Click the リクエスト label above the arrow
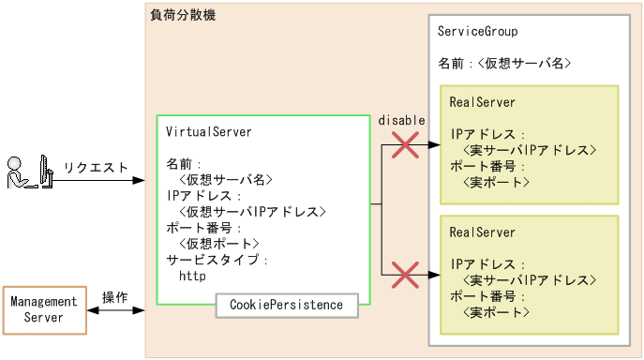[95, 168]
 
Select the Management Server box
[44, 310]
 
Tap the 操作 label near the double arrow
[114, 297]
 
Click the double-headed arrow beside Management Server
[115, 310]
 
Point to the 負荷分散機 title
[183, 15]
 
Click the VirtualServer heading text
[207, 131]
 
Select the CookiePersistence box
[286, 305]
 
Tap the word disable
[401, 120]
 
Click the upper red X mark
[404, 145]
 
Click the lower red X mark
[404, 275]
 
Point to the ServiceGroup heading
[477, 32]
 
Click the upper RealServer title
[482, 101]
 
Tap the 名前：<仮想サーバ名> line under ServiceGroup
[504, 64]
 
